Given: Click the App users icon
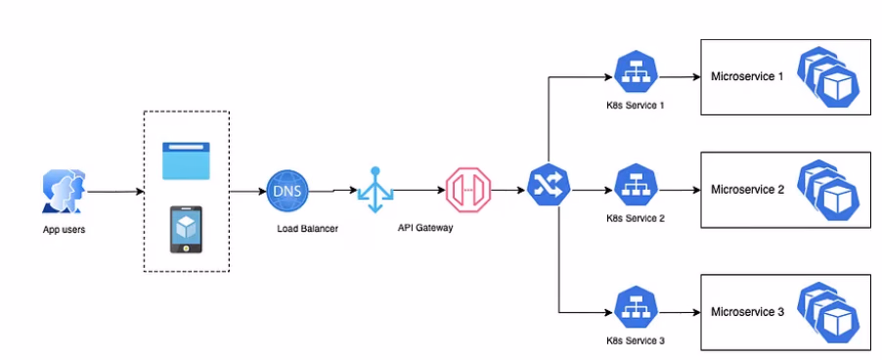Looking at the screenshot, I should (64, 190).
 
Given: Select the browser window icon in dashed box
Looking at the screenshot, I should (186, 160).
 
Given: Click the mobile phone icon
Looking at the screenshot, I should (186, 229).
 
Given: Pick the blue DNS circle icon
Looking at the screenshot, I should (286, 190).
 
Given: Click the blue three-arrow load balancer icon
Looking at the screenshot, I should (375, 190).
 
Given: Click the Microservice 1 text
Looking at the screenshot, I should (747, 76).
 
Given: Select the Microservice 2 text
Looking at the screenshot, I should (747, 189).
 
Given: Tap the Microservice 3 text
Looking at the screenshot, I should (747, 312).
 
